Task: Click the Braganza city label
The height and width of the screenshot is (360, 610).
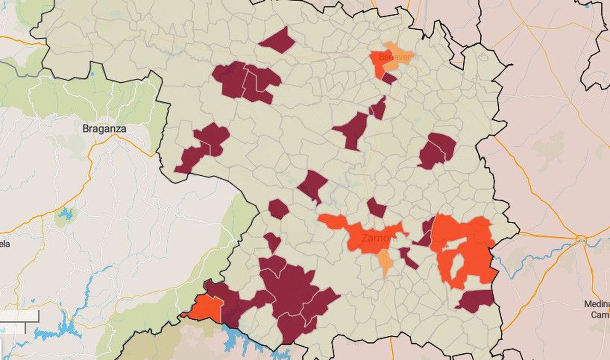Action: tap(104, 129)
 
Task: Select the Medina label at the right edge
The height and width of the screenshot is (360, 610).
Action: tap(597, 304)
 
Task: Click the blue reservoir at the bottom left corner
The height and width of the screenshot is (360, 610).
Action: tap(61, 331)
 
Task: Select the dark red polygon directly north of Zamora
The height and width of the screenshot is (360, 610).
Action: tap(377, 208)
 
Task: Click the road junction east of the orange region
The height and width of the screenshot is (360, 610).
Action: tap(581, 239)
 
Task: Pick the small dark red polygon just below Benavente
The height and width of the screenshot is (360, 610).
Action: tap(389, 78)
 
